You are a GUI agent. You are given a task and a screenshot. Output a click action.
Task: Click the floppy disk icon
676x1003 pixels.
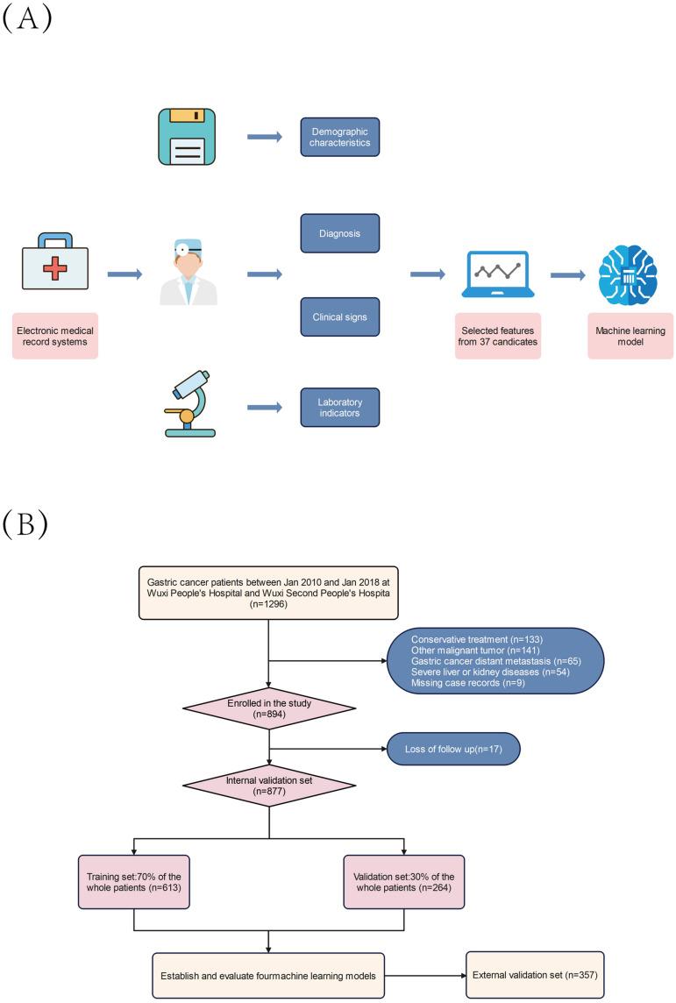coord(188,136)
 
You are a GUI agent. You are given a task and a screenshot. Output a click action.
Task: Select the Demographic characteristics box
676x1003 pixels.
coord(340,137)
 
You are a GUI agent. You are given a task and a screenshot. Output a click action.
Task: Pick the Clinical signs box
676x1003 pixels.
coord(340,317)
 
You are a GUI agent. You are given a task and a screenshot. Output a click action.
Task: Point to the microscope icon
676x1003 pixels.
coord(189,404)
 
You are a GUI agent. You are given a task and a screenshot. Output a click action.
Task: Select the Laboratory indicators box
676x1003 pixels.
coord(340,407)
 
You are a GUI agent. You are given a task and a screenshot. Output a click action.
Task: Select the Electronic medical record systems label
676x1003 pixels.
coord(55,335)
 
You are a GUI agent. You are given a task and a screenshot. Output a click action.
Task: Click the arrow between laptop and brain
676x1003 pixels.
coord(567,275)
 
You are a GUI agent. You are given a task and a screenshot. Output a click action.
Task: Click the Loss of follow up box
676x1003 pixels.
coord(454,750)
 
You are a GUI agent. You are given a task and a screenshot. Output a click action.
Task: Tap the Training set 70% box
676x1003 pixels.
coord(133,883)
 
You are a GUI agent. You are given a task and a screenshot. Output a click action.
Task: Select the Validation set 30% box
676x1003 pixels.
coord(404,883)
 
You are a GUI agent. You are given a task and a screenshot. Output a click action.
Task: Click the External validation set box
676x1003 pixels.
coord(535,974)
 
